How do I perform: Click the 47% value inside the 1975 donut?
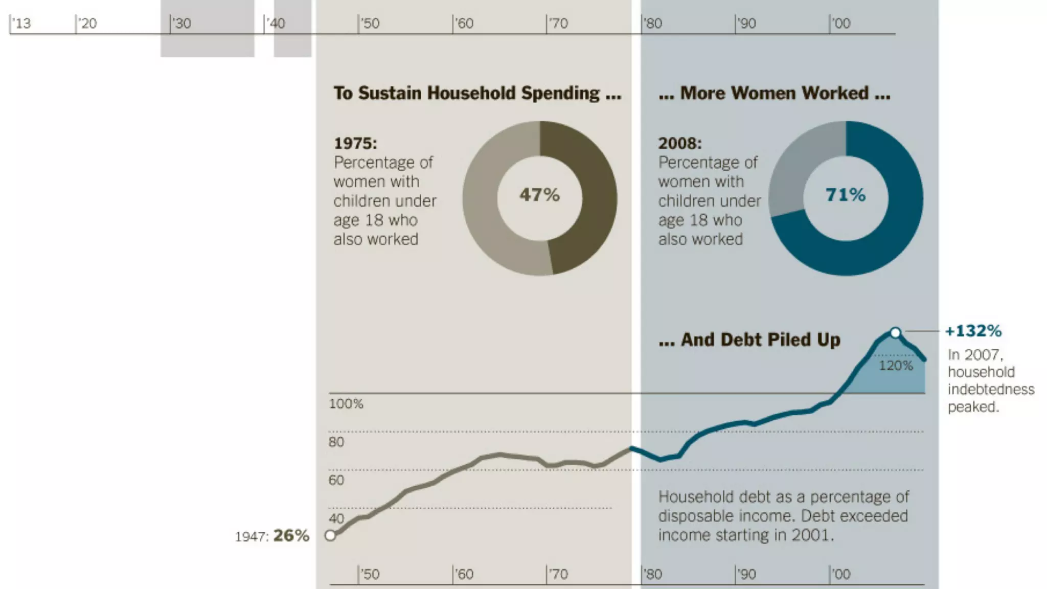539,195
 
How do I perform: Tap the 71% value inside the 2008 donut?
846,195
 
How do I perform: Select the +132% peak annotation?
973,331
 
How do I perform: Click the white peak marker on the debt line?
895,333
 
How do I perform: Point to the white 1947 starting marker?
330,535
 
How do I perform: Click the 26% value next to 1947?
291,535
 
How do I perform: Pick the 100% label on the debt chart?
346,404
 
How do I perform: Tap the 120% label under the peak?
896,366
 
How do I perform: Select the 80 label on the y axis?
336,442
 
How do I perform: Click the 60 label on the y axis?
336,480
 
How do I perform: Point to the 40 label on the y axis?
336,518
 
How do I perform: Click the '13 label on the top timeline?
21,24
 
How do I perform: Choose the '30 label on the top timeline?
181,24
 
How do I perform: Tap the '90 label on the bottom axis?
746,574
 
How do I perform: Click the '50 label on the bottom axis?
370,574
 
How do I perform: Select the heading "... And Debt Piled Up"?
749,339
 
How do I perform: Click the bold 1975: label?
355,143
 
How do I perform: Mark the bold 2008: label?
680,143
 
